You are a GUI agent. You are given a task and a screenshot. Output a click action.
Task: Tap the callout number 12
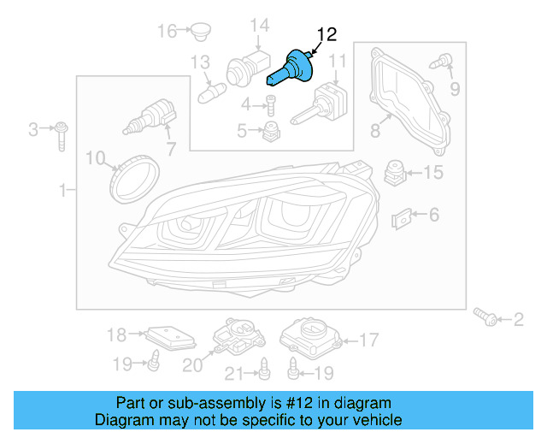point(327,34)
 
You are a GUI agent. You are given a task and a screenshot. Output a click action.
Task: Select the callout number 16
point(166,32)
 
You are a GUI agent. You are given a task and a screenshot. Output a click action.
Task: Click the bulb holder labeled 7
point(150,115)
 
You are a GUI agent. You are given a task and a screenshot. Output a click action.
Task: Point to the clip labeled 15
point(394,171)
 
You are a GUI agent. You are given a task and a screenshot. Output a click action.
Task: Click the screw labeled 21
point(265,369)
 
